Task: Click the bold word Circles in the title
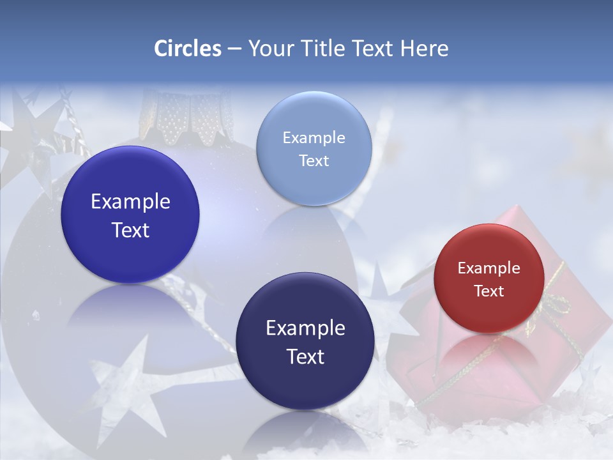(188, 49)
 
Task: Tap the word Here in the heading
(424, 49)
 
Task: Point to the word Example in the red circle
(488, 268)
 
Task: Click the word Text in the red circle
(488, 291)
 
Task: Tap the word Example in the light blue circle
(314, 138)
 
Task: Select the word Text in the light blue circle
(314, 161)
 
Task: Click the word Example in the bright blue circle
(130, 202)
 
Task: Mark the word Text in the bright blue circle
(130, 231)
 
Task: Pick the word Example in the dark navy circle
(305, 328)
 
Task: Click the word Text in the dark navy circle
(305, 356)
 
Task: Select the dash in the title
(234, 49)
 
